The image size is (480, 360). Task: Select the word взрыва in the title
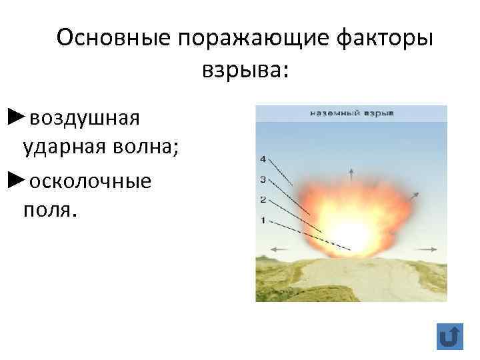(241, 69)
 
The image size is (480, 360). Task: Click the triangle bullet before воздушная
(17, 117)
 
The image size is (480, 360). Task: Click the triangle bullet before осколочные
(17, 179)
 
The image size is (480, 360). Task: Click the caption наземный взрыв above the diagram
(352, 113)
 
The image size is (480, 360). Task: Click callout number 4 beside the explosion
(263, 159)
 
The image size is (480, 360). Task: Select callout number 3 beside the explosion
(263, 179)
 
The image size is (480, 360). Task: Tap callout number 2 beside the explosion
(263, 199)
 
